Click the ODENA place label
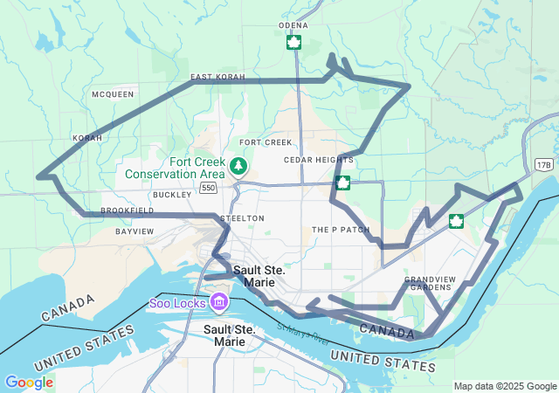[293, 25]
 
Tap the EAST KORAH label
[218, 78]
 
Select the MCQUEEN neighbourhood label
[113, 93]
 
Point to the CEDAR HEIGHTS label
[319, 160]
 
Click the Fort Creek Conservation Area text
[175, 168]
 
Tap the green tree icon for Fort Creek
[238, 165]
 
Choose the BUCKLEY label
[171, 195]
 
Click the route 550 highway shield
[207, 187]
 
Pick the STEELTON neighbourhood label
[241, 217]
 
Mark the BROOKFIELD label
[128, 210]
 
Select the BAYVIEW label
[135, 231]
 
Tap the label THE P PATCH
[341, 230]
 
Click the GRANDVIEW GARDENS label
[429, 283]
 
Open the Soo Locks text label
[176, 303]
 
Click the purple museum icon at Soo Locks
[219, 303]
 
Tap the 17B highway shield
[544, 163]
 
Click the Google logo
[29, 383]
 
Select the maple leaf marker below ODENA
[294, 42]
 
